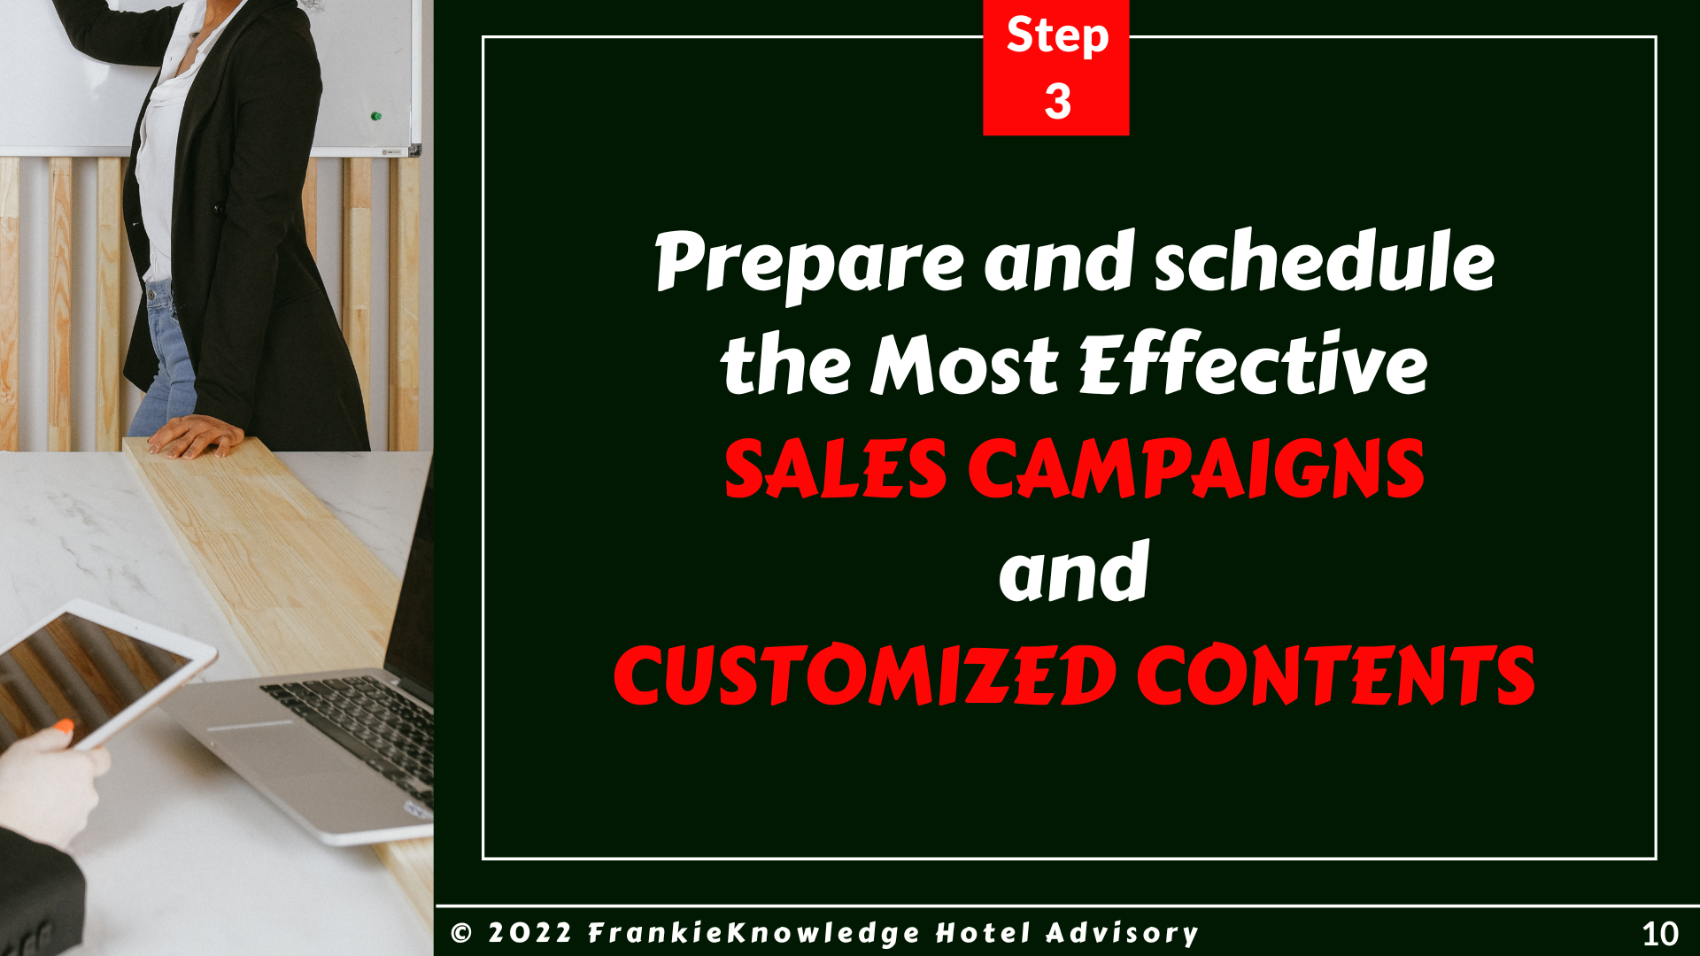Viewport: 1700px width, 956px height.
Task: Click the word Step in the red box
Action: coord(1057,37)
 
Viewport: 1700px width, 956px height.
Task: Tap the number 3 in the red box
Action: coord(1057,101)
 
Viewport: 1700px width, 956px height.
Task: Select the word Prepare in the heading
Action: coord(809,264)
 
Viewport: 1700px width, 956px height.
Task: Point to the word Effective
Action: coord(1253,363)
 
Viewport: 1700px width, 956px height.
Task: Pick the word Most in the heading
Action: coord(964,364)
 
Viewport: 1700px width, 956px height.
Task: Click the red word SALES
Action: coord(836,468)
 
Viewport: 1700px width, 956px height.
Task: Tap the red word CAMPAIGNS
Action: coord(1196,467)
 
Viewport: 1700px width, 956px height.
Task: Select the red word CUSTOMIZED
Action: coord(865,675)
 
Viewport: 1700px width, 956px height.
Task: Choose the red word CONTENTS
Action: coord(1336,675)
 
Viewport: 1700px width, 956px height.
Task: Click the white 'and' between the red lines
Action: coord(1074,571)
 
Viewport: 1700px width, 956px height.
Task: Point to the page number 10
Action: coord(1660,934)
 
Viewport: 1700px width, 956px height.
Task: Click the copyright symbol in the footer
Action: coord(461,933)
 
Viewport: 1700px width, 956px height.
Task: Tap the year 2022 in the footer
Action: coord(529,933)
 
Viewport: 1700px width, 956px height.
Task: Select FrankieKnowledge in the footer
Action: coord(754,934)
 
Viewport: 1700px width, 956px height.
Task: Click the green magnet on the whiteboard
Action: coord(375,116)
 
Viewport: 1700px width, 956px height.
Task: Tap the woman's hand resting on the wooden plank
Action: coord(195,436)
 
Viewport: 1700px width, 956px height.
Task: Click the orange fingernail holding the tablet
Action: coord(64,727)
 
